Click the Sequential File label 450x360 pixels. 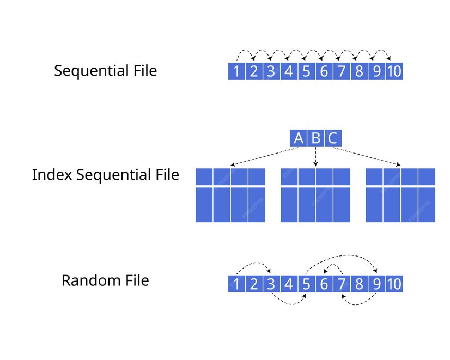[x=105, y=71]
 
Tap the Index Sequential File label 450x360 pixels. [x=105, y=175]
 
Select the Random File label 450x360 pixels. [x=105, y=280]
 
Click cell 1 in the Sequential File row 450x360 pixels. [x=236, y=71]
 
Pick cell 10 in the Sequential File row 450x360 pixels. [x=394, y=71]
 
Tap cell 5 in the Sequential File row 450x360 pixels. [x=306, y=71]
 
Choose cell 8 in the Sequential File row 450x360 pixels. [x=358, y=71]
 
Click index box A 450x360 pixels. [x=299, y=138]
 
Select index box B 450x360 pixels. [x=316, y=138]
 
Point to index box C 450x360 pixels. [x=333, y=138]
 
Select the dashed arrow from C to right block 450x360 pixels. [x=370, y=156]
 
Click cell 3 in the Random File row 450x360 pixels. [x=271, y=284]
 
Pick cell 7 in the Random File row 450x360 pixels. [x=341, y=284]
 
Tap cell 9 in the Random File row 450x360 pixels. [x=376, y=284]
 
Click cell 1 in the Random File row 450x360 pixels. [x=236, y=284]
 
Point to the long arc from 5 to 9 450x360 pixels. [x=342, y=254]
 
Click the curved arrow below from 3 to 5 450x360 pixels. [x=289, y=303]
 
